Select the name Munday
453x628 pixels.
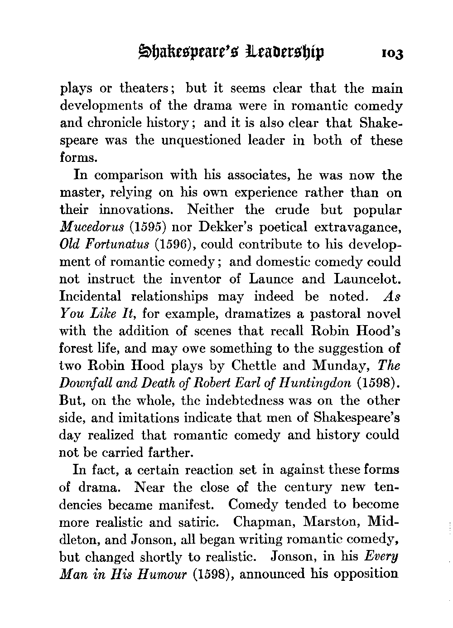(339, 365)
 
